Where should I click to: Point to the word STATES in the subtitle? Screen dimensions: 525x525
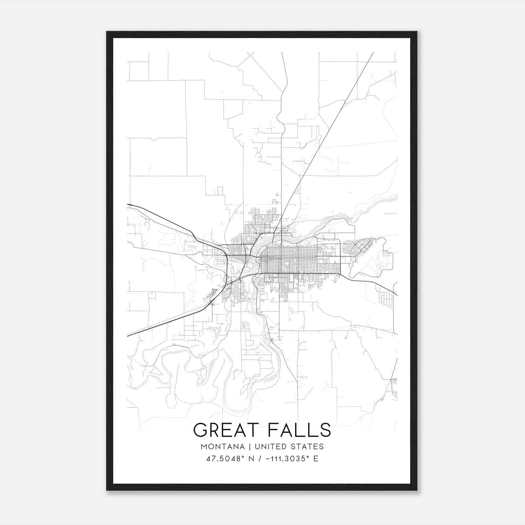point(307,447)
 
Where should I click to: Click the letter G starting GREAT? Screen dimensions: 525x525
point(200,430)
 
